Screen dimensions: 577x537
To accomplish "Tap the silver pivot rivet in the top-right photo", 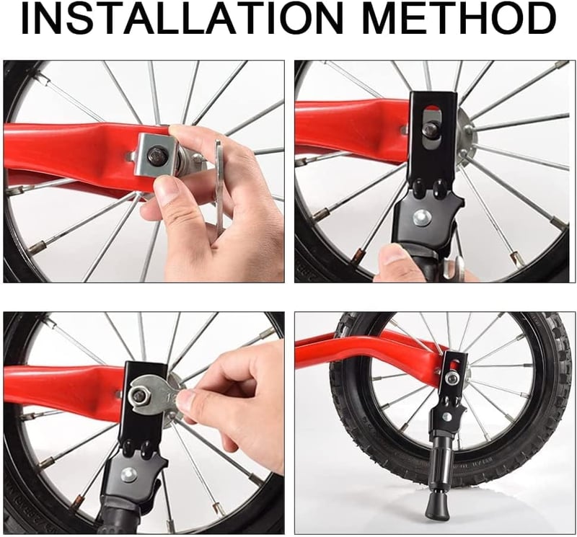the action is tap(420, 218).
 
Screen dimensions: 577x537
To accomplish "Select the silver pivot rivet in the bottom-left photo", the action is tap(129, 475).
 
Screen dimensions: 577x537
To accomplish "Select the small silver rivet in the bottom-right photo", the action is tap(446, 416).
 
